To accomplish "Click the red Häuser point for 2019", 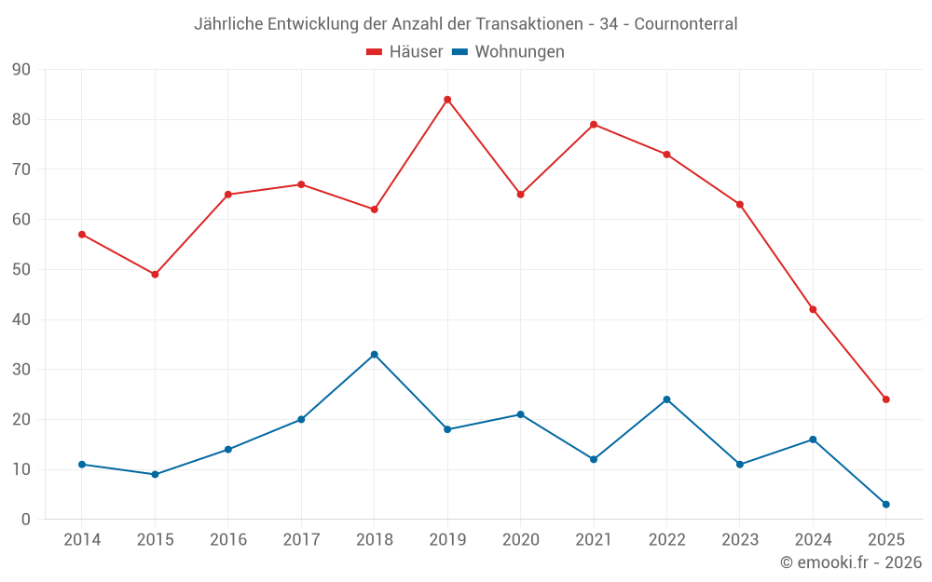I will (447, 100).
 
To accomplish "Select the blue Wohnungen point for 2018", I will (374, 355).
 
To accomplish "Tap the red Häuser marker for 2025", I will (886, 399).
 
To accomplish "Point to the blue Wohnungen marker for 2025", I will (886, 505).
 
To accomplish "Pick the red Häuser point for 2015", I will (155, 275).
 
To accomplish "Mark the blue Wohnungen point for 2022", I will (666, 399).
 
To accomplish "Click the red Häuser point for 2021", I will (594, 125).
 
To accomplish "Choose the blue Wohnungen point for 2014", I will (82, 465).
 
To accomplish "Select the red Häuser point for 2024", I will (813, 309).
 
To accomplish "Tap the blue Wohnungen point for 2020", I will (520, 414).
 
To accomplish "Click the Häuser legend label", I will (417, 52).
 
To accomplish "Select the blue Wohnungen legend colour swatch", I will (459, 52).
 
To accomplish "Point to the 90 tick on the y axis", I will (21, 70).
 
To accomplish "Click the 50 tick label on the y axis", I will (21, 270).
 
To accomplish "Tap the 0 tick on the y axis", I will (26, 520).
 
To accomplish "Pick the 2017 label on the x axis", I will (301, 540).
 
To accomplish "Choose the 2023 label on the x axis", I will (740, 540).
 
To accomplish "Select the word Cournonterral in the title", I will (686, 24).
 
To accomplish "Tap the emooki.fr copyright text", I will (851, 562).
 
